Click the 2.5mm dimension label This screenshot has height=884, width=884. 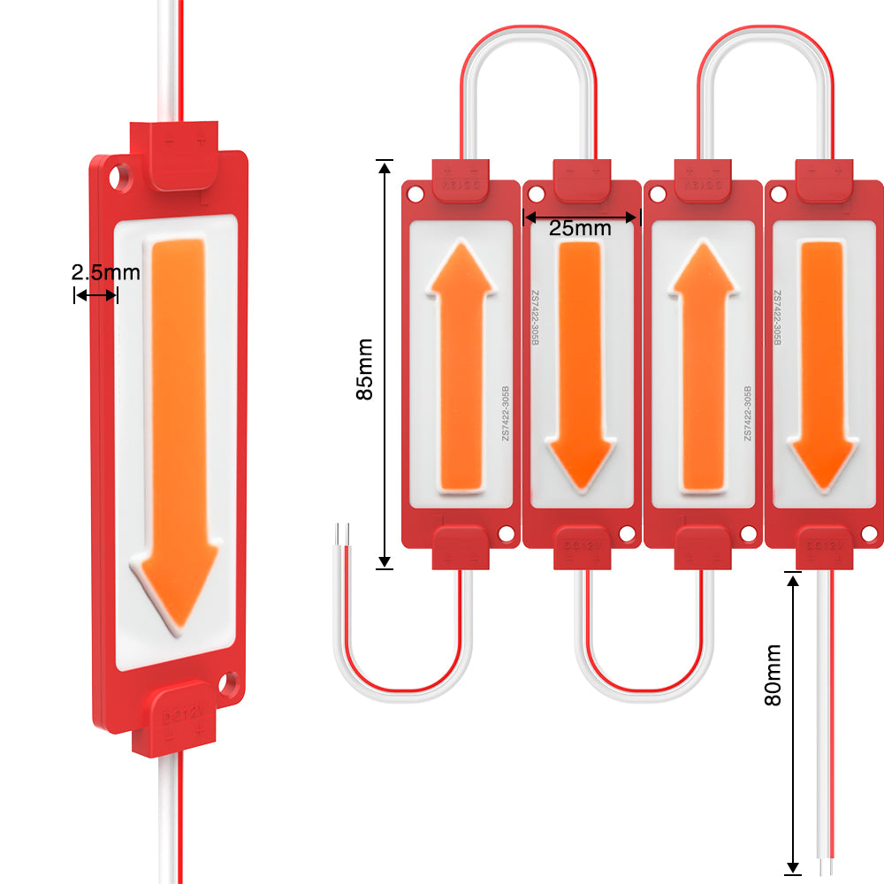[105, 271]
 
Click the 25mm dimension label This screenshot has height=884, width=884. [580, 228]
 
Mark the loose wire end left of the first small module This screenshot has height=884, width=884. [343, 534]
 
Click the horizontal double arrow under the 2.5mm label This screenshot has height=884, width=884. [95, 295]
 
